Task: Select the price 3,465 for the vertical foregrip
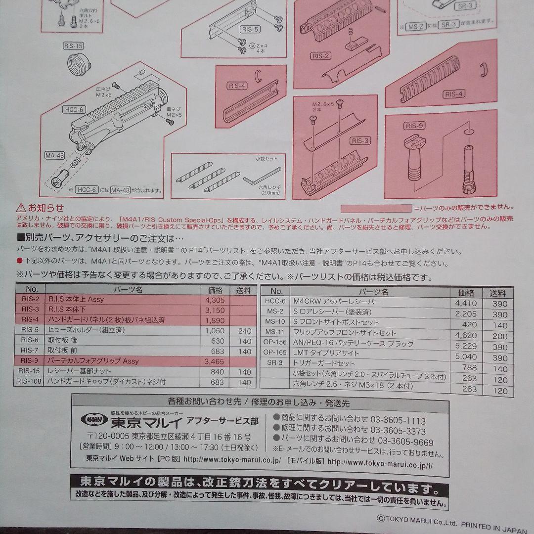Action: pyautogui.click(x=214, y=361)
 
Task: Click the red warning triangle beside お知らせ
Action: pyautogui.click(x=20, y=208)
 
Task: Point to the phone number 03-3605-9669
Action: pyautogui.click(x=402, y=442)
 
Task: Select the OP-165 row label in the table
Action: pyautogui.click(x=275, y=353)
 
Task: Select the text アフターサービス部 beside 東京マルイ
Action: pyautogui.click(x=229, y=421)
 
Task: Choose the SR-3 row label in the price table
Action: pyautogui.click(x=275, y=363)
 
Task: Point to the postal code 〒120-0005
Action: pyautogui.click(x=106, y=437)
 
